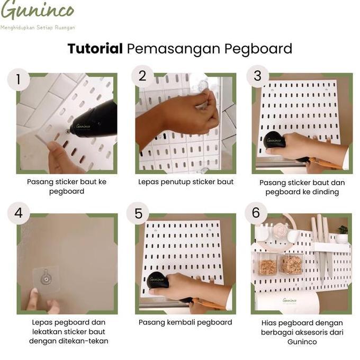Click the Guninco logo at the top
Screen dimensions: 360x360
tap(37, 11)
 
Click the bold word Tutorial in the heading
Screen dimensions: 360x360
tap(95, 49)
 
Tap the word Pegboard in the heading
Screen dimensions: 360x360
tap(258, 49)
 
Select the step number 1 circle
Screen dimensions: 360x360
tap(19, 80)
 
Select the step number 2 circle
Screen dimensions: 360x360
tap(141, 76)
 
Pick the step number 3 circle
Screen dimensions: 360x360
tap(257, 76)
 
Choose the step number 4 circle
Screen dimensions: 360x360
tap(19, 213)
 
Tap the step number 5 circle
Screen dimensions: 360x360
tap(139, 214)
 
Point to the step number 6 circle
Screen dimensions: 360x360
tap(256, 213)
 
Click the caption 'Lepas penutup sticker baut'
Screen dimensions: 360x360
tap(186, 182)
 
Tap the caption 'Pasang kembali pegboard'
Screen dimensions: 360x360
tap(185, 322)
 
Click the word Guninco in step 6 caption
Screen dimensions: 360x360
tap(302, 341)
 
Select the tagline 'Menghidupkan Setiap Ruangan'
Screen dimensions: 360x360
tap(38, 27)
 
